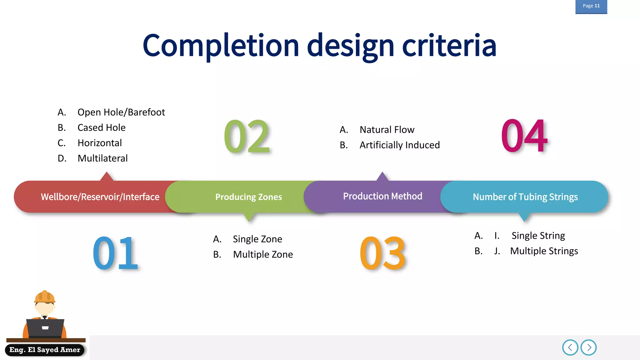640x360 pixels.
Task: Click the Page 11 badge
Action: point(591,6)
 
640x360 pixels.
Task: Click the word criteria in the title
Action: point(449,46)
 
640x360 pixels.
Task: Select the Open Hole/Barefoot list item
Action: point(121,112)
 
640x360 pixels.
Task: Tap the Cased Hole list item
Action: point(101,127)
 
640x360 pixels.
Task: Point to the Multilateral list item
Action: point(102,158)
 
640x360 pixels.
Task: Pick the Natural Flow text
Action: point(387,130)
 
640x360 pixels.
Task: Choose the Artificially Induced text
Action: point(399,145)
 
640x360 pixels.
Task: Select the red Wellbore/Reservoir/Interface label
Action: point(100,197)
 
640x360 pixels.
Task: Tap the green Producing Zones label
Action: point(248,197)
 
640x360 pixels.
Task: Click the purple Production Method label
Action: point(382,196)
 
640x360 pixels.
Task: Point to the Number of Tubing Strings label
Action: point(525,197)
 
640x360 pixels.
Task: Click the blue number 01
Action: point(115,253)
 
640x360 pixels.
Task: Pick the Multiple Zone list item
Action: point(263,254)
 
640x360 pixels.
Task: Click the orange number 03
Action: point(382,253)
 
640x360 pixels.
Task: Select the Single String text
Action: point(538,236)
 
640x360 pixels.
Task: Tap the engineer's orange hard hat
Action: point(45,297)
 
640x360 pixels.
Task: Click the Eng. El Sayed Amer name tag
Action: point(45,350)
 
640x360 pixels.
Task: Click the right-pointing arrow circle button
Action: point(588,347)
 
